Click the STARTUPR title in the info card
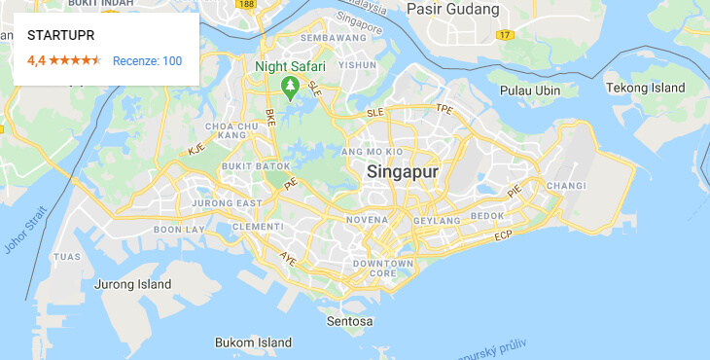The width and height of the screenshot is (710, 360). coord(61,35)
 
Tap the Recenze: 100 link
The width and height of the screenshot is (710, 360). coord(147,61)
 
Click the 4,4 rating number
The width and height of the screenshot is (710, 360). coord(36,61)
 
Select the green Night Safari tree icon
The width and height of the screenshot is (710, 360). coord(289,87)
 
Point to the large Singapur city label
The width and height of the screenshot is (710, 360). coord(404,172)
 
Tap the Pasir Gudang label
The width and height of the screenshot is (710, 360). coord(452,10)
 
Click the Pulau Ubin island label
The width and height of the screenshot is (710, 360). coord(530,90)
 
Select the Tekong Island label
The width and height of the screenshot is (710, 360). coord(646,88)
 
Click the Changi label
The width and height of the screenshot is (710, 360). coord(567,186)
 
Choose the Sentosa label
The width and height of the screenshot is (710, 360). coord(350,320)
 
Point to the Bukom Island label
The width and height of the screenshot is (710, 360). coord(253,342)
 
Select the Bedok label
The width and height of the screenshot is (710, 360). coord(487,215)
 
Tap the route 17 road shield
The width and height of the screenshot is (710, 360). coord(504,35)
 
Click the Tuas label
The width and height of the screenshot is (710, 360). coord(67,257)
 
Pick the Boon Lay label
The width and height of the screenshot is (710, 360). coord(180,229)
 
